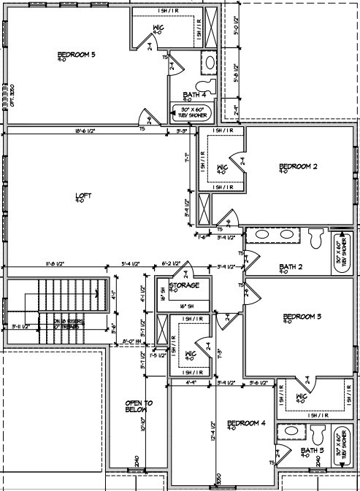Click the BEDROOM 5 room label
(x=77, y=54)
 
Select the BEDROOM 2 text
(x=298, y=167)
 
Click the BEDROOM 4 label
(x=246, y=423)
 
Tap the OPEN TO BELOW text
(x=138, y=406)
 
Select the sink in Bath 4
(x=208, y=63)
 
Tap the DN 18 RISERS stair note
(x=56, y=322)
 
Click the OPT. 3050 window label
(x=12, y=93)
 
